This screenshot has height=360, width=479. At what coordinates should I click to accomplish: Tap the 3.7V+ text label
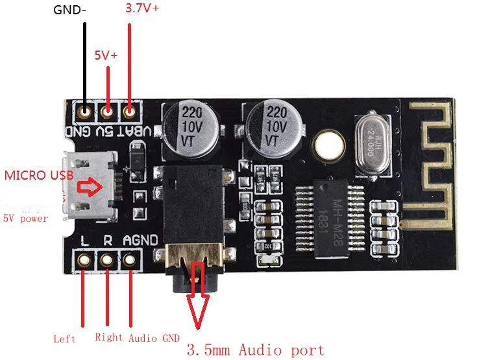point(141,10)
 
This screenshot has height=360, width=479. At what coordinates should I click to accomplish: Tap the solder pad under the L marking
point(83,260)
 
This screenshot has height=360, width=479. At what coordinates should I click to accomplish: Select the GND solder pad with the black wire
point(84,113)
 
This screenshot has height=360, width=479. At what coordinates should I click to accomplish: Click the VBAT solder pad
point(130,112)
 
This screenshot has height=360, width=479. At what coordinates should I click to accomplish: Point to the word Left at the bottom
point(64,339)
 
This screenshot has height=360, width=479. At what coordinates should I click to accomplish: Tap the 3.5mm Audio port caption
point(255,350)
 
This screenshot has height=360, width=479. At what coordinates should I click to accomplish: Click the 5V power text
point(25,219)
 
